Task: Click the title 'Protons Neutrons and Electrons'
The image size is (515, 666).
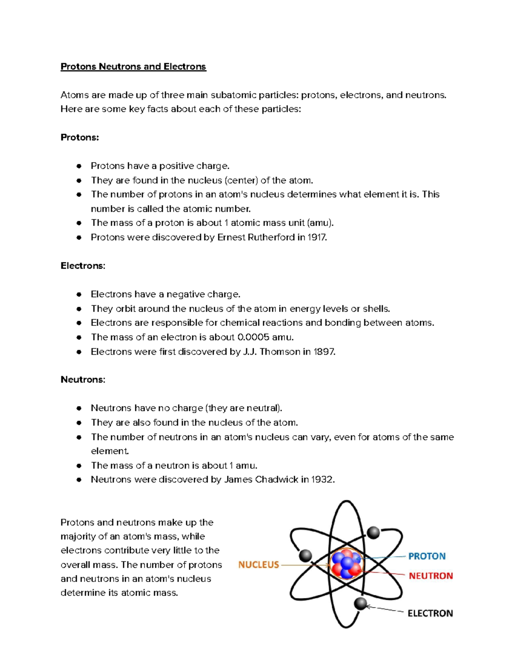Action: point(133,66)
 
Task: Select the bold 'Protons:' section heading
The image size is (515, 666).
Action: point(79,137)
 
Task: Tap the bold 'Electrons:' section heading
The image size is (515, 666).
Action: point(82,266)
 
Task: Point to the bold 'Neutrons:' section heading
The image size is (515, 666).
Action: point(82,380)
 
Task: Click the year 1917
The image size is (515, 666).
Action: point(317,237)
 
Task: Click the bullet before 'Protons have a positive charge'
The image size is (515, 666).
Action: point(79,166)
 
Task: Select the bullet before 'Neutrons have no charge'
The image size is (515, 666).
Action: point(79,408)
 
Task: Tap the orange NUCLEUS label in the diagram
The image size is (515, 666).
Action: point(258,565)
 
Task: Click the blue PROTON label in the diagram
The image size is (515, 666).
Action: point(427,556)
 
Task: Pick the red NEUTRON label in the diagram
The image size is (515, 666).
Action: point(430,576)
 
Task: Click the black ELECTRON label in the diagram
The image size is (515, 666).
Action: point(430,613)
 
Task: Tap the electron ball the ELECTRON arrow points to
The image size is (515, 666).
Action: point(360,604)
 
